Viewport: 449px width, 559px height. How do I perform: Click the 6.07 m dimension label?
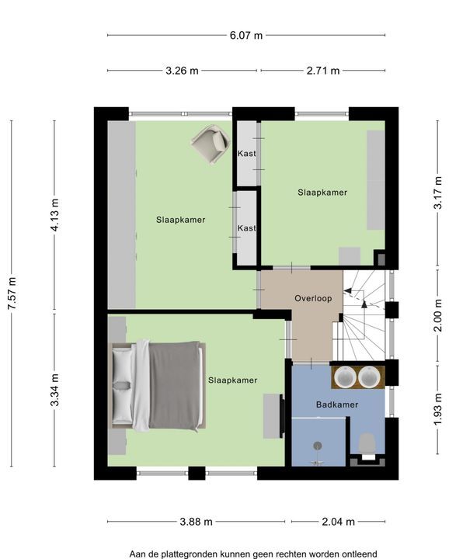click(x=246, y=35)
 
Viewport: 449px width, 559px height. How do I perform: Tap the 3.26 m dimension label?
click(x=182, y=71)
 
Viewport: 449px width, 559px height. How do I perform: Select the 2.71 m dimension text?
click(x=323, y=71)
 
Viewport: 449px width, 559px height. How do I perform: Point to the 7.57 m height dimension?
click(x=12, y=293)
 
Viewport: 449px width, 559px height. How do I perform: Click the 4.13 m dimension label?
click(x=55, y=215)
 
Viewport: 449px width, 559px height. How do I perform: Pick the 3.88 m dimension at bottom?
click(x=197, y=522)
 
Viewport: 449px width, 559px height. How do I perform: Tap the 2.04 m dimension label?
click(x=339, y=522)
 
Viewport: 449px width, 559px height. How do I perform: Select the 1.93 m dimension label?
click(x=438, y=409)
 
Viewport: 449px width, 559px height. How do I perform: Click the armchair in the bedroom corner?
click(x=211, y=144)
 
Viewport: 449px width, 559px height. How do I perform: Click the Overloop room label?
click(x=313, y=298)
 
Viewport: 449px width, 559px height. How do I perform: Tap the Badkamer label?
click(x=337, y=404)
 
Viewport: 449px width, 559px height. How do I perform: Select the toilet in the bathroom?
click(x=367, y=446)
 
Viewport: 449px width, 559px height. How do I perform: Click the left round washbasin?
click(x=344, y=377)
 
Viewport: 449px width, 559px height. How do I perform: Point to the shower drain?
click(x=318, y=446)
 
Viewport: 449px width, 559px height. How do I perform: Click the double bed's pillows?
click(x=122, y=385)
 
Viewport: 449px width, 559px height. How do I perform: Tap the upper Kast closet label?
click(x=247, y=154)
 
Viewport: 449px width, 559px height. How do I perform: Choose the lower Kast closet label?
click(x=247, y=227)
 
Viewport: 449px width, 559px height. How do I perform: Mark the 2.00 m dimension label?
click(x=438, y=315)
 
